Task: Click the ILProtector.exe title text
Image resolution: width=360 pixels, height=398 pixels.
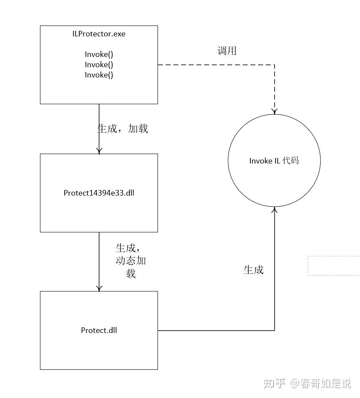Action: click(x=99, y=34)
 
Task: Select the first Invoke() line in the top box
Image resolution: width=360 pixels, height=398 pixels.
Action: click(x=99, y=54)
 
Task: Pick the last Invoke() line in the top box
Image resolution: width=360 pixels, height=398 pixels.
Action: click(x=99, y=75)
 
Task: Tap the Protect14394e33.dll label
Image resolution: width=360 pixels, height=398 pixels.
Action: click(x=99, y=193)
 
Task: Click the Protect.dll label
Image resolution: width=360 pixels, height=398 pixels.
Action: click(x=99, y=330)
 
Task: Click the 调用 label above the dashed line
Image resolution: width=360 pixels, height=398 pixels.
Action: click(x=227, y=51)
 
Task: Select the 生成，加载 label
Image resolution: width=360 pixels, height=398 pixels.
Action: click(x=123, y=128)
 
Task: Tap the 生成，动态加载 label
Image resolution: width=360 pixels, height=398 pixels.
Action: click(x=131, y=261)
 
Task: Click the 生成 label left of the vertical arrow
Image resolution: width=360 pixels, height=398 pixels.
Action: click(x=253, y=270)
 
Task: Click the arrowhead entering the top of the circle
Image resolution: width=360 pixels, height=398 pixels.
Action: click(x=274, y=111)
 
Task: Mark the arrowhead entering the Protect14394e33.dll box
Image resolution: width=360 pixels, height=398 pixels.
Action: click(x=99, y=151)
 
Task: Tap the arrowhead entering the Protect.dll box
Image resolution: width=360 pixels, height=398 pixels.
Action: click(x=99, y=288)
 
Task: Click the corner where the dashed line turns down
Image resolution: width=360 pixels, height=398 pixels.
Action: click(x=274, y=65)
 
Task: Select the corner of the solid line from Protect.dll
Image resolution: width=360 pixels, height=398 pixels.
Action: click(x=274, y=330)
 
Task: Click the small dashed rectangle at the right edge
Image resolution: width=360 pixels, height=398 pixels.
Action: click(x=334, y=266)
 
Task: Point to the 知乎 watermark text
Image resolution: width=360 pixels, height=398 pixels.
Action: click(x=274, y=383)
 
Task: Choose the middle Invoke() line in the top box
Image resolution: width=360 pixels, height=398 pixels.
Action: click(x=99, y=65)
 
